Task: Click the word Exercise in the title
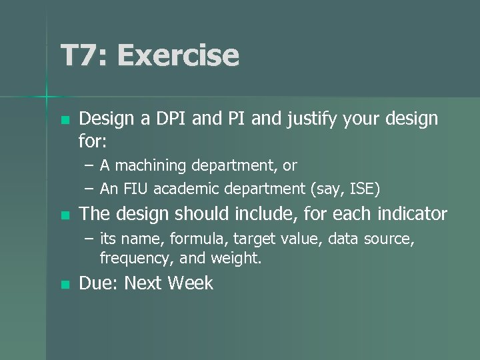tap(178, 56)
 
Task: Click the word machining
tap(153, 165)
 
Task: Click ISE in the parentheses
tap(364, 189)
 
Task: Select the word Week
tap(190, 283)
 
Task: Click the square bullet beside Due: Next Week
tap(64, 285)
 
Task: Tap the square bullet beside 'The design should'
tap(64, 215)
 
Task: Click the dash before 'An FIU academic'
tap(89, 189)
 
